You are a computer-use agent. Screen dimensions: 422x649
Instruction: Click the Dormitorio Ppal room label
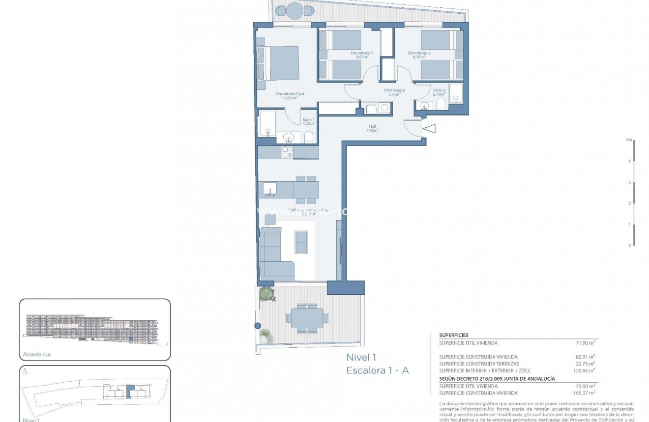pos(289,96)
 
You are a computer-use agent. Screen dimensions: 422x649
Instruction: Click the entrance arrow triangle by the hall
pos(429,129)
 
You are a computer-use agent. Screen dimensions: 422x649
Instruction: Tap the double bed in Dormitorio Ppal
pos(278,63)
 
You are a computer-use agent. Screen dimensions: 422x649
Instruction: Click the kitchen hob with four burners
pos(287,152)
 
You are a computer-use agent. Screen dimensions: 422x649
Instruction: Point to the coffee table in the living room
pos(301,242)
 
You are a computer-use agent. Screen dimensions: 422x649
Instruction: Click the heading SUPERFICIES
pos(454,335)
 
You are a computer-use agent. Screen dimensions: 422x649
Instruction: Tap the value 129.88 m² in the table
pos(585,371)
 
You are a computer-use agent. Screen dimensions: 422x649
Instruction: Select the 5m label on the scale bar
pos(628,140)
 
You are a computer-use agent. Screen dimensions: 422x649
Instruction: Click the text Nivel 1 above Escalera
pos(361,358)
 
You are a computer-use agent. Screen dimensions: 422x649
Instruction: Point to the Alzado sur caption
pos(37,354)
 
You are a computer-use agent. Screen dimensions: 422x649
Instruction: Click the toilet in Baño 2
pos(441,104)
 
